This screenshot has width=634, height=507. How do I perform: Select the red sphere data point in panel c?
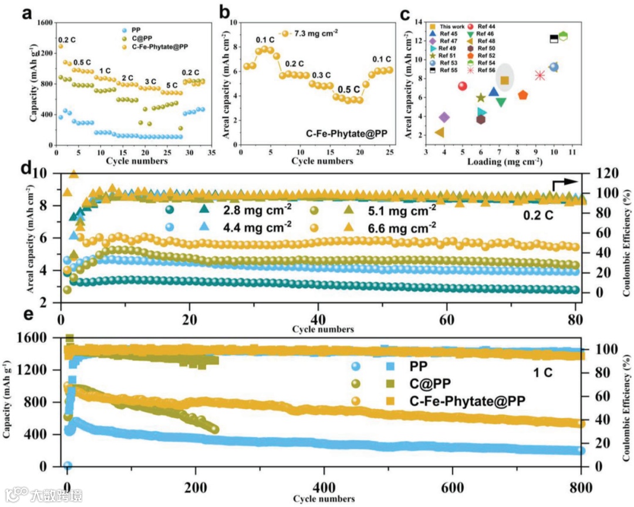[463, 86]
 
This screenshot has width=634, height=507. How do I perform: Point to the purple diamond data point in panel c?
[444, 117]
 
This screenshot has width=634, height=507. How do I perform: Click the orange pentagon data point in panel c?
[523, 95]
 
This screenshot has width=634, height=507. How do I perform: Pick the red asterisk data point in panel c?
[540, 75]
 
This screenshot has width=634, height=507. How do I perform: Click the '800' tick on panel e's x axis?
[581, 487]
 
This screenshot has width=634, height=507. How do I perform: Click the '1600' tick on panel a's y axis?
[43, 23]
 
